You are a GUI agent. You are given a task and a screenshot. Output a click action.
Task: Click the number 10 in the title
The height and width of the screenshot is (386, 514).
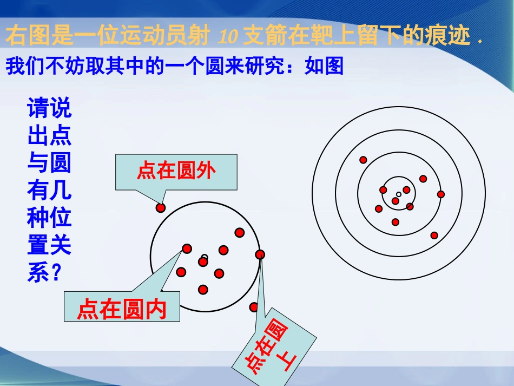(230, 37)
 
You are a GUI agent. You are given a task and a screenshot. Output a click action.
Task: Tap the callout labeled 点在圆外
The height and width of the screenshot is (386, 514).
(176, 172)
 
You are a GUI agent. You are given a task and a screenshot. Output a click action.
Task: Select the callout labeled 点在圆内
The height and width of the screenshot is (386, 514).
(121, 310)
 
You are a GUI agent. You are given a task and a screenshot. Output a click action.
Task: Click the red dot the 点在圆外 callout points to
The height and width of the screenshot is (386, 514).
(160, 207)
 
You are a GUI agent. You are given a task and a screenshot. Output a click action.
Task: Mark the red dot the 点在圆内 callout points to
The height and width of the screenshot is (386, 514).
(187, 248)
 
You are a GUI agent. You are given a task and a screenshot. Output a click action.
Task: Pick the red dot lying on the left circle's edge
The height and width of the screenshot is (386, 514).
(260, 254)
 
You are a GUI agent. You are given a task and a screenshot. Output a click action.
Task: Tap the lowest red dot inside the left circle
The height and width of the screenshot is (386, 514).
(203, 290)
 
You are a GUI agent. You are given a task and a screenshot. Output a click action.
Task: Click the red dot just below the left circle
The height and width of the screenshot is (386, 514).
(254, 307)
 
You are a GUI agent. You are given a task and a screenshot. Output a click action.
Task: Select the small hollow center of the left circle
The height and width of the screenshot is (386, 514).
(204, 257)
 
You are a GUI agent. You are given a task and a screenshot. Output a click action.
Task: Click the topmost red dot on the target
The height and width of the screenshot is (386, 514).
(363, 160)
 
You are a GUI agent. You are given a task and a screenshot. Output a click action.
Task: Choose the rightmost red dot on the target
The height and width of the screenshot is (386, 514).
(441, 194)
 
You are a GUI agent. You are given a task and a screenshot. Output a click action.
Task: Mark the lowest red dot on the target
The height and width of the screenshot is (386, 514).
(434, 235)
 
